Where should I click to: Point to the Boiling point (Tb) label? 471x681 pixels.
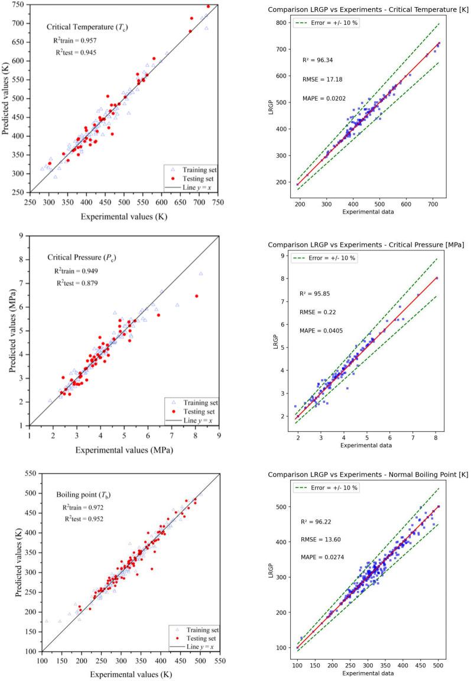(x=86, y=495)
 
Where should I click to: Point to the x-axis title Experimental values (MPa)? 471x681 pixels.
(x=124, y=449)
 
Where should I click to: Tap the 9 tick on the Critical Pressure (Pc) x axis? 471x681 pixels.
(x=219, y=436)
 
